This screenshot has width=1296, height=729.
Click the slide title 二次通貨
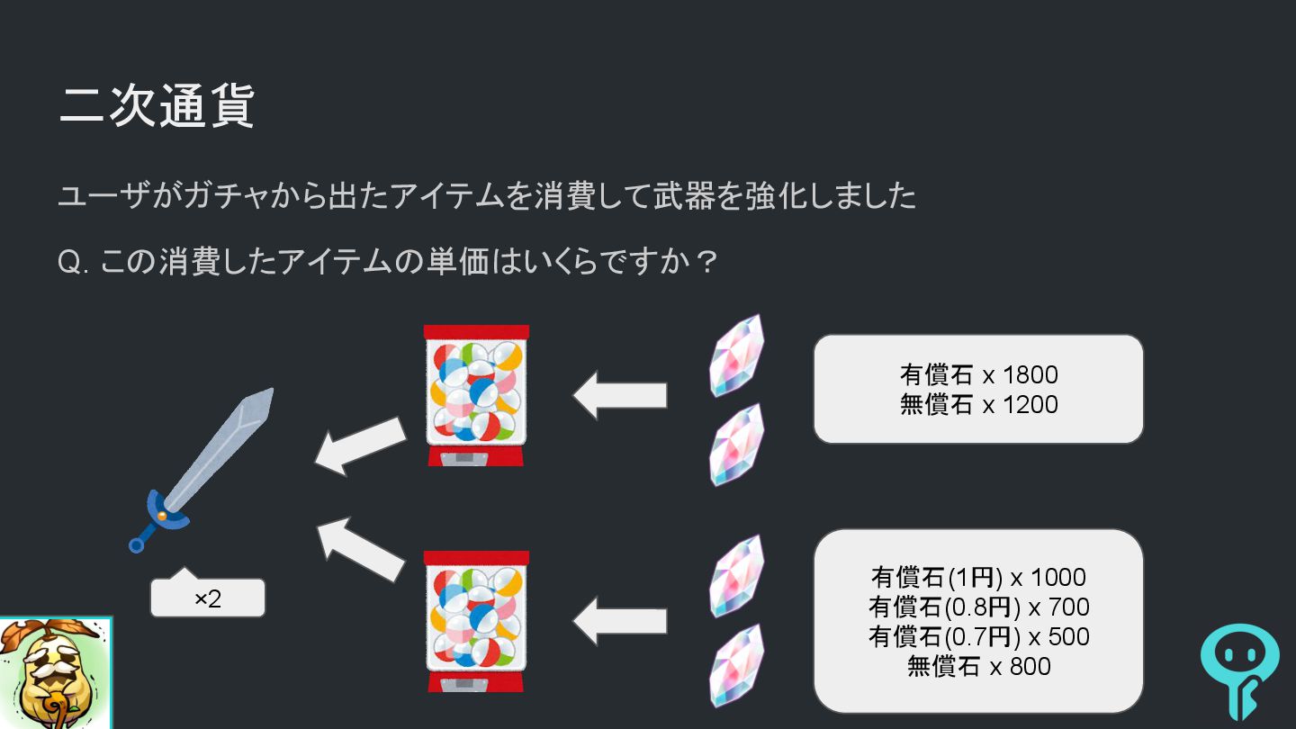(157, 107)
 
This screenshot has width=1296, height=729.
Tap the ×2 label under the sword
(208, 598)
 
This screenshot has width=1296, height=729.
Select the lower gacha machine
(476, 620)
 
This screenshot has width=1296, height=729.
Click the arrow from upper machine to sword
(360, 445)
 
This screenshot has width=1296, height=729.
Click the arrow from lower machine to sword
(361, 548)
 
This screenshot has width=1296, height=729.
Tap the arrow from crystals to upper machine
(620, 395)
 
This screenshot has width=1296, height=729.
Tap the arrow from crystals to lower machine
(620, 621)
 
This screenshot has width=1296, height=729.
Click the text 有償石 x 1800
(978, 374)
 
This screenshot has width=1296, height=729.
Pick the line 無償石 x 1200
(978, 405)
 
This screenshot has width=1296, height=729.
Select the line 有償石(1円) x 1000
(978, 577)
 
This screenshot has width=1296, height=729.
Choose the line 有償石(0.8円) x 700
(978, 607)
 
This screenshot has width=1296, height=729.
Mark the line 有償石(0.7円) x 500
(978, 636)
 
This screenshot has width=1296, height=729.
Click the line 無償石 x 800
(978, 666)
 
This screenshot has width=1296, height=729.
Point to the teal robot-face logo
(1239, 670)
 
